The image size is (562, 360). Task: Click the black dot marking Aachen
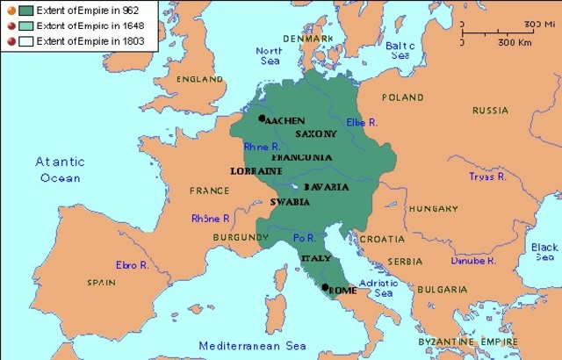click(x=262, y=119)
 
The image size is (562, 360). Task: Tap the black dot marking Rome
click(x=325, y=288)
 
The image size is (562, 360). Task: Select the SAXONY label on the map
click(x=316, y=133)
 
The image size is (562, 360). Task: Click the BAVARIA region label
click(x=327, y=187)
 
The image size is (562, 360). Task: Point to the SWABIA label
click(x=290, y=202)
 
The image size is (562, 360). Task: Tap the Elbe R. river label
click(x=362, y=122)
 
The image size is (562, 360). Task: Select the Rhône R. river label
click(x=210, y=219)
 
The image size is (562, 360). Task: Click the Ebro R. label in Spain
click(x=132, y=264)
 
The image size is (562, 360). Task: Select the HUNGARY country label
click(x=434, y=209)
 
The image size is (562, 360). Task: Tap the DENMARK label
click(x=306, y=39)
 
